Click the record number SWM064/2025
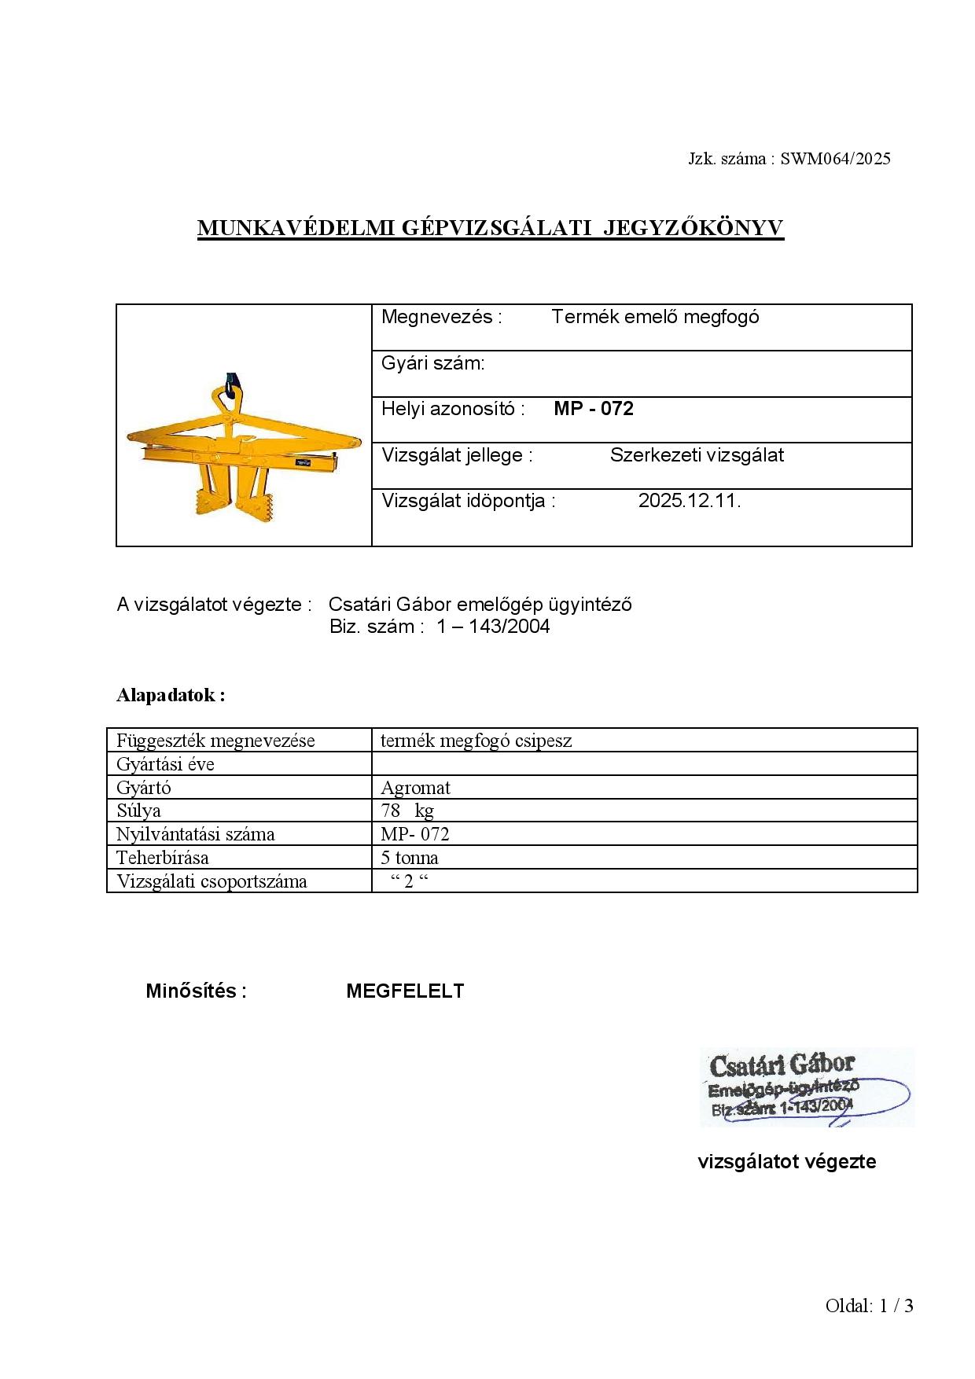pos(835,159)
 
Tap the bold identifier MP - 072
pos(594,409)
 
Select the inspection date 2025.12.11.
pos(689,501)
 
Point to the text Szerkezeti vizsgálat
pos(697,455)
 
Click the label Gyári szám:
pos(432,363)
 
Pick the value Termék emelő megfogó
pos(655,317)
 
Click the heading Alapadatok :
pos(171,695)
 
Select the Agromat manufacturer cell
pos(415,788)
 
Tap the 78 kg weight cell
pos(407,811)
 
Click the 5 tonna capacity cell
pos(410,858)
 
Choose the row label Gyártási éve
pos(165,764)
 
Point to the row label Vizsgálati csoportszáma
pos(212,881)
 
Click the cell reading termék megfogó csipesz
pos(476,741)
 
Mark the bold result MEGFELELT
pos(405,991)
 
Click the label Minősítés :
pos(196,991)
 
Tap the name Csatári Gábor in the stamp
pos(782,1065)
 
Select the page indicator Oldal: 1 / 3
pos(869,1306)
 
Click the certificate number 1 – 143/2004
pos(493,627)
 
